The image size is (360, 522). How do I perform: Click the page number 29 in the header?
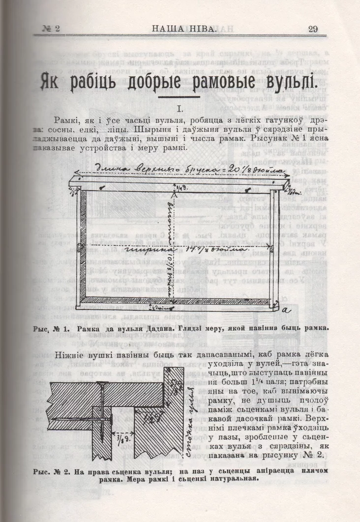tap(313, 29)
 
